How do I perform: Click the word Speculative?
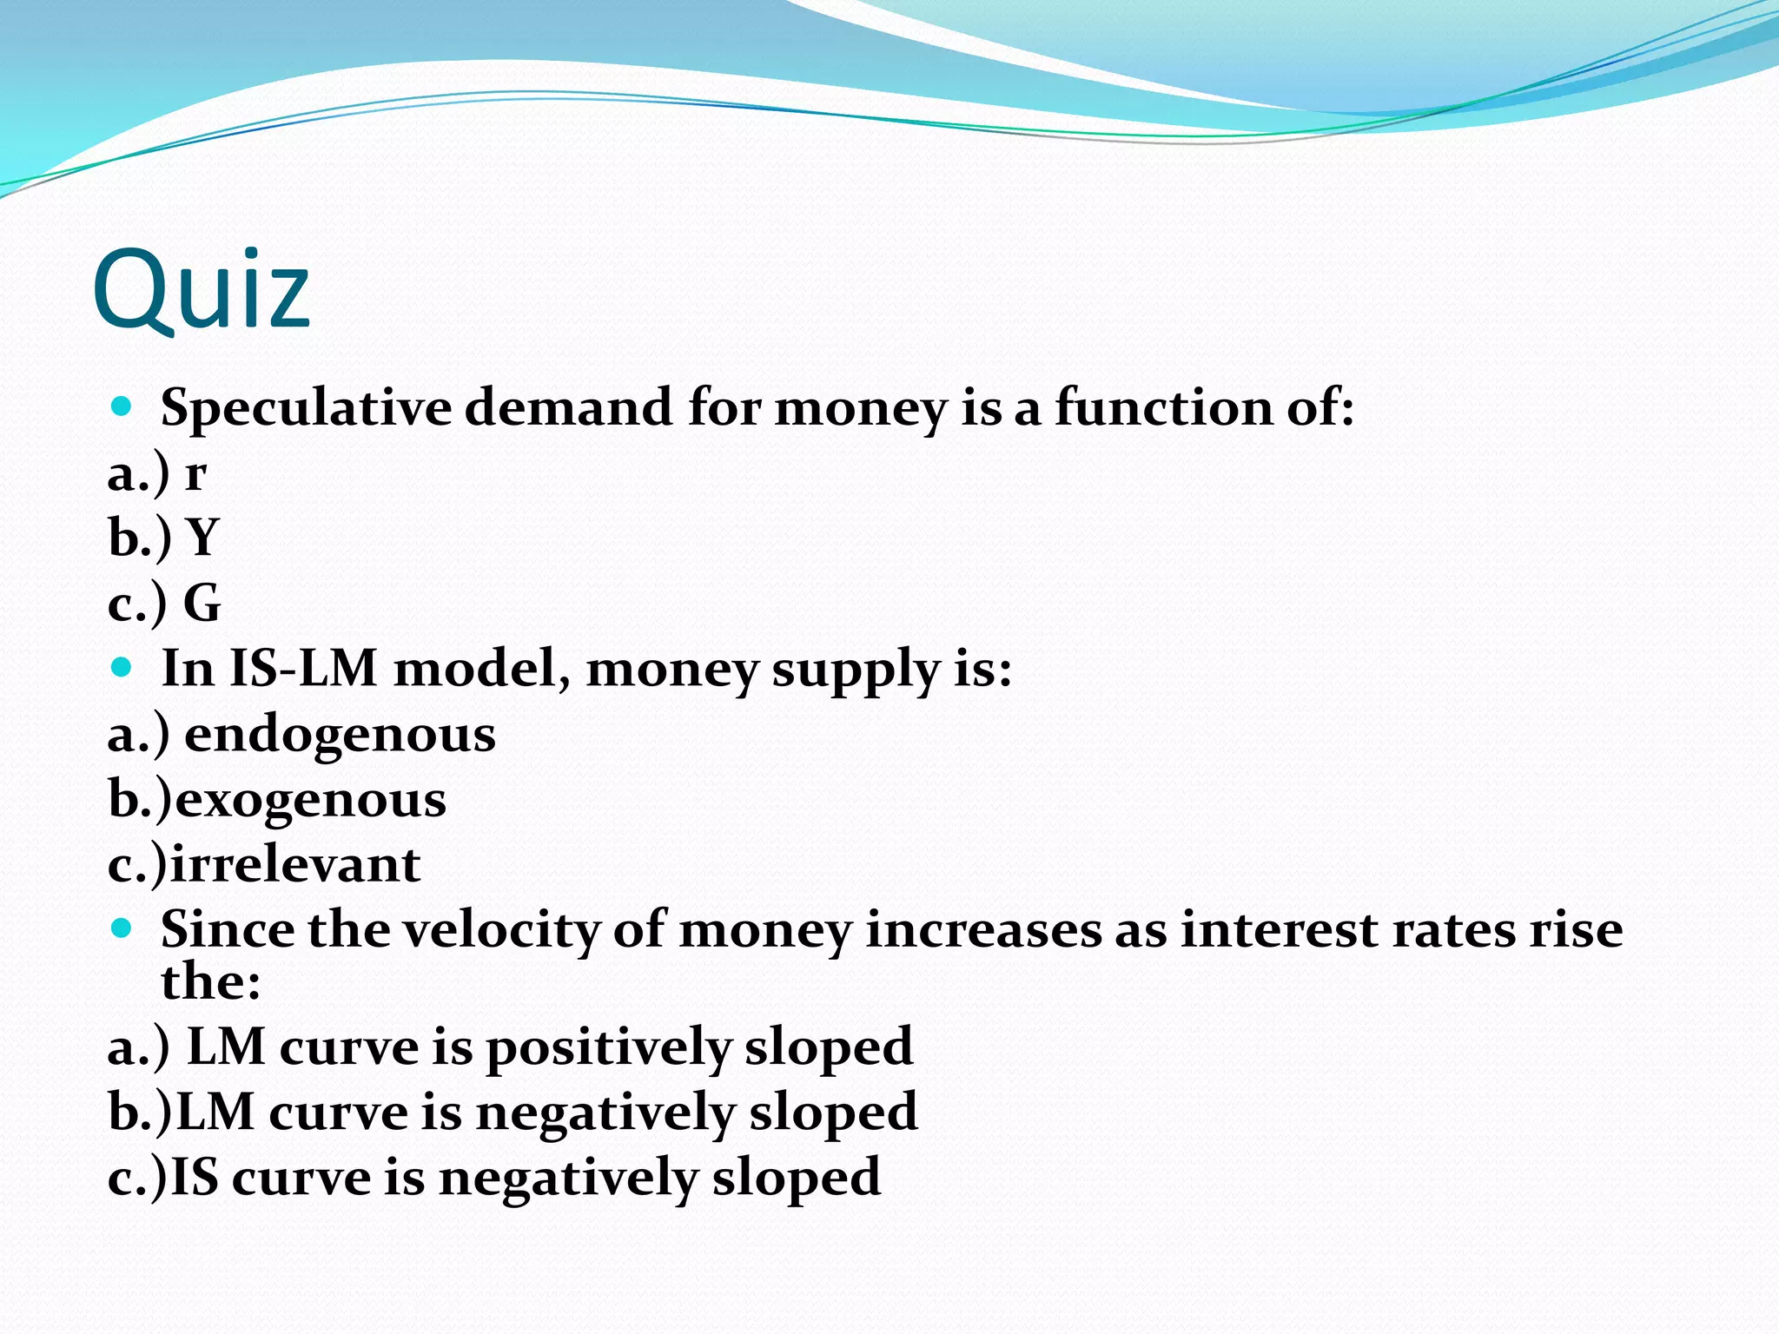tap(306, 407)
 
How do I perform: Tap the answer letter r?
tap(195, 474)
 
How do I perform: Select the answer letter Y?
tap(202, 538)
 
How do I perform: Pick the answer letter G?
tap(202, 603)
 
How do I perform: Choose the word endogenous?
tap(340, 735)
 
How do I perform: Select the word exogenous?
tap(311, 800)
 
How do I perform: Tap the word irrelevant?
tap(295, 865)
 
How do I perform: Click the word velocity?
tap(501, 930)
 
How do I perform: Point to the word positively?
tap(608, 1047)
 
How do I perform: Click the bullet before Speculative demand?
tap(122, 406)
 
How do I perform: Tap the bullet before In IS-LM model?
tap(122, 667)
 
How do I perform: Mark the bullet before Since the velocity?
tap(122, 928)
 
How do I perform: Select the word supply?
tap(856, 670)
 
